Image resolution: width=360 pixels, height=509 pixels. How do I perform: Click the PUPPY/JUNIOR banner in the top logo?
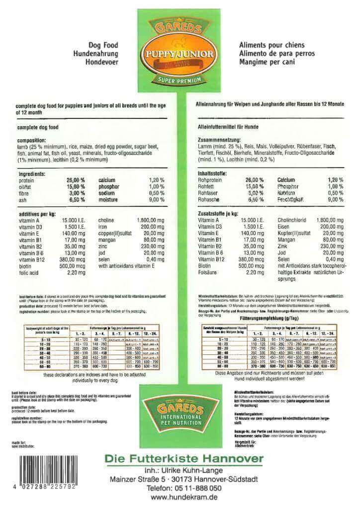[x=180, y=53]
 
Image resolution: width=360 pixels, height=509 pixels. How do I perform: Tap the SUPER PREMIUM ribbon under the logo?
[x=180, y=81]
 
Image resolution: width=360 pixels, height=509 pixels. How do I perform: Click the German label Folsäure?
[x=208, y=272]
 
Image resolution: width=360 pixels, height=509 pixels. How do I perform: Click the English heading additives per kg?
[x=38, y=213]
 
